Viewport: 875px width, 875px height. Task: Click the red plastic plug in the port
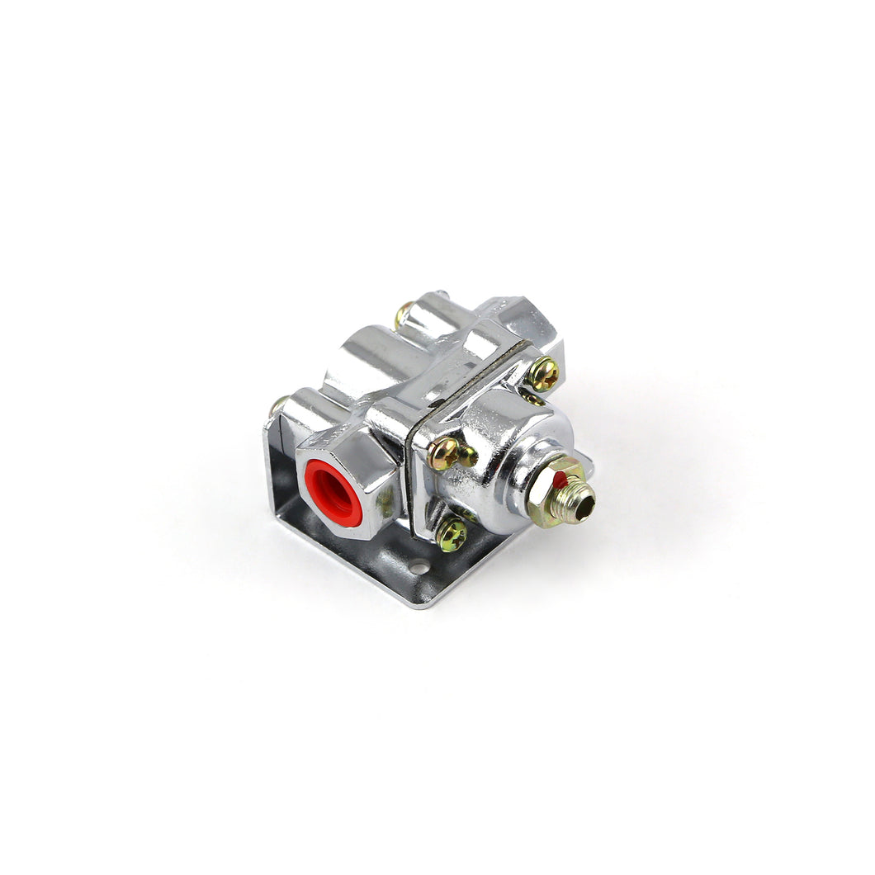tap(333, 493)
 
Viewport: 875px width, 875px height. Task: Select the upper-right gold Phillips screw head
tap(543, 374)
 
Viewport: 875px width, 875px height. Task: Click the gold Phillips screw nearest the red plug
tap(443, 453)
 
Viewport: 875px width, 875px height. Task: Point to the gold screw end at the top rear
tap(404, 315)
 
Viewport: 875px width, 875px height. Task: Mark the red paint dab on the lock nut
tap(560, 478)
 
